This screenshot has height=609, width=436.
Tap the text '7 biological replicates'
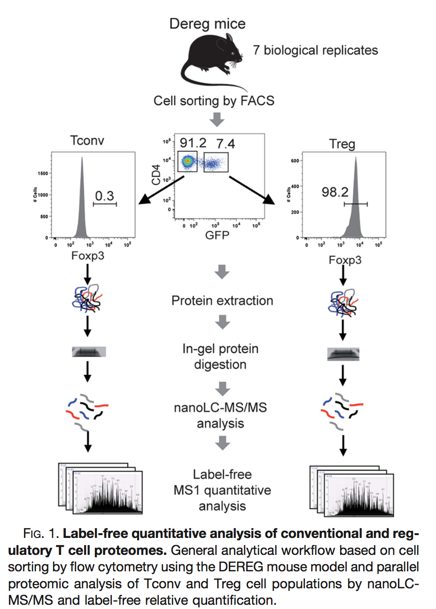point(315,50)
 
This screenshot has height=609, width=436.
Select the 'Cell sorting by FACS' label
point(214,101)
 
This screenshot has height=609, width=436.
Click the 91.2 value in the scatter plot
point(193,143)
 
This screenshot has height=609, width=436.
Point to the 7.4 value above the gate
point(226,144)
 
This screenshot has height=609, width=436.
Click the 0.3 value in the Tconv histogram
point(104,195)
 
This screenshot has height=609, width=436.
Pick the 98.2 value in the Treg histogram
point(335,192)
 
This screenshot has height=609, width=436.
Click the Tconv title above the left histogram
point(87,140)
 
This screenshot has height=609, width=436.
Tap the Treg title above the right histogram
point(342,144)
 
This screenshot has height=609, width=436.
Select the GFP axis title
point(217,235)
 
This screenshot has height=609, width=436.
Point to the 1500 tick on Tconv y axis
point(42,173)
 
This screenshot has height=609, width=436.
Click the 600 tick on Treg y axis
point(295,161)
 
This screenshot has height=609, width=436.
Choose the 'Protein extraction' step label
point(222,300)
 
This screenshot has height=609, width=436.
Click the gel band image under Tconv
point(89,352)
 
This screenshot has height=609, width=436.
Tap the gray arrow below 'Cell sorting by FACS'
point(217,120)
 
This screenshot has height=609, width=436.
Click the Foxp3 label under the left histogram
point(88,256)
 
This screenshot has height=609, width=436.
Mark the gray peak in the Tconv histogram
point(82,207)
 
